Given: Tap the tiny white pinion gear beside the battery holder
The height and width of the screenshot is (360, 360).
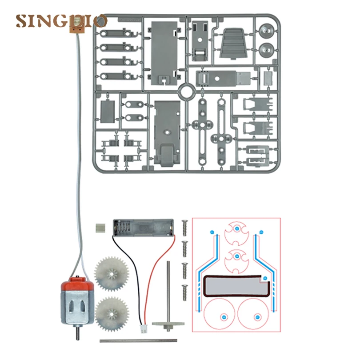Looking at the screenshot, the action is pyautogui.click(x=101, y=228).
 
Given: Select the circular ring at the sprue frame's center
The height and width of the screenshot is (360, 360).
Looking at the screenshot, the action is pyautogui.click(x=187, y=93).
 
